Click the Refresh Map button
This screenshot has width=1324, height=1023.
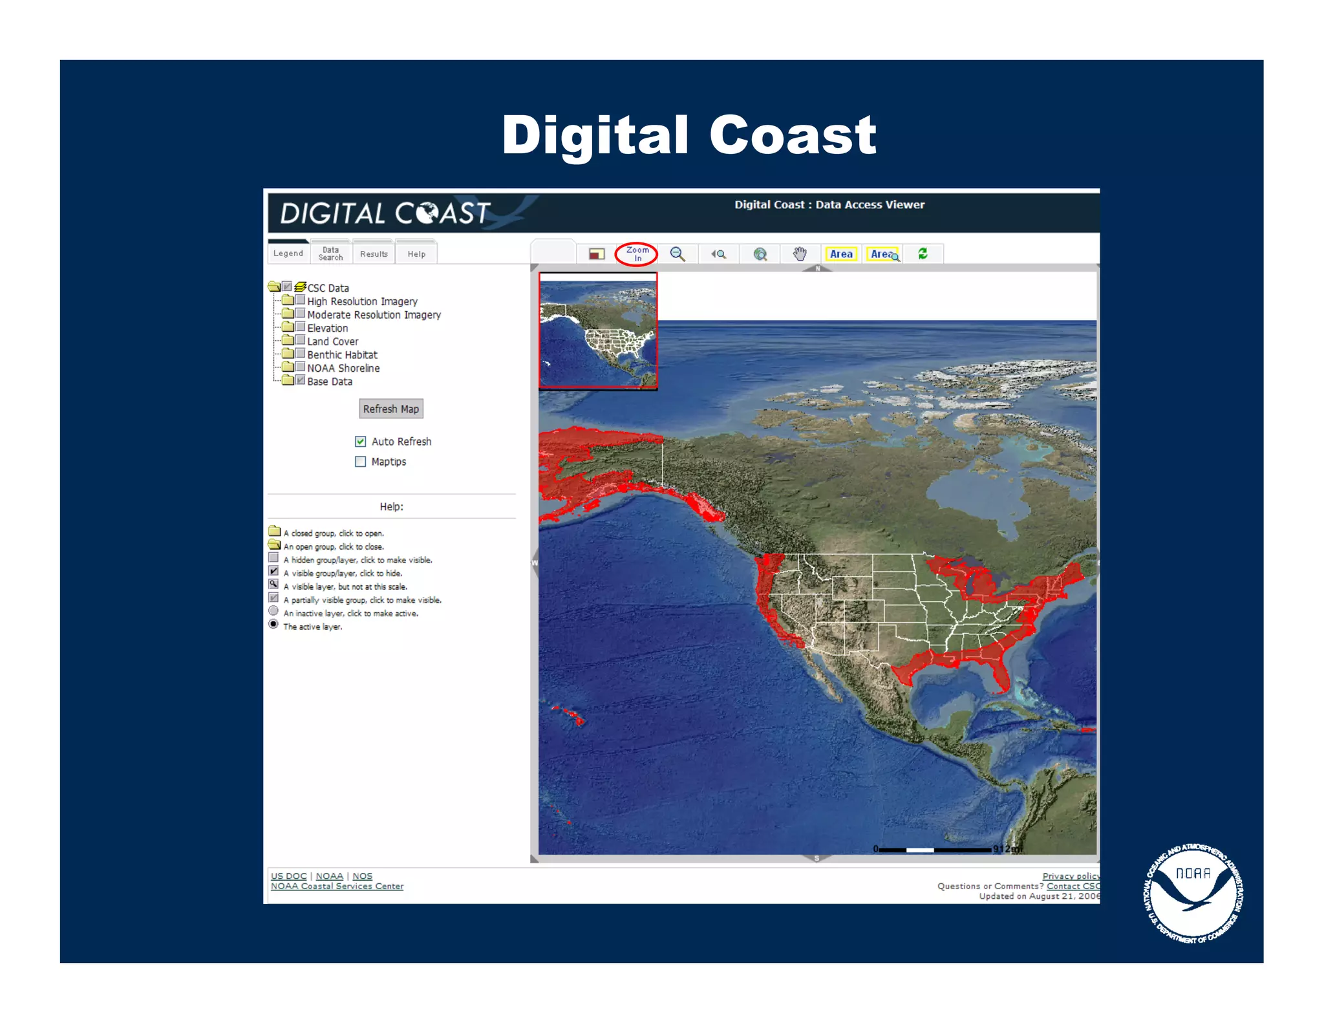pyautogui.click(x=390, y=409)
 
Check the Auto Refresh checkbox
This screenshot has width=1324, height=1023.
pyautogui.click(x=361, y=442)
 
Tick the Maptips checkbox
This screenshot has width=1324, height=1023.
pyautogui.click(x=361, y=462)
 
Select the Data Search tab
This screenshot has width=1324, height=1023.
pyautogui.click(x=330, y=253)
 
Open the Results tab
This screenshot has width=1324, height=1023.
pyautogui.click(x=374, y=254)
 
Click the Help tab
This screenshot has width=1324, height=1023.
pyautogui.click(x=416, y=254)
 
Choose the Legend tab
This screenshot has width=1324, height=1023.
pyautogui.click(x=288, y=253)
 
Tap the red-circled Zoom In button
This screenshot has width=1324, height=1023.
pyautogui.click(x=637, y=254)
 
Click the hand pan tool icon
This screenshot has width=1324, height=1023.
pyautogui.click(x=800, y=253)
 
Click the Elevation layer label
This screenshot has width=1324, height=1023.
pyautogui.click(x=327, y=328)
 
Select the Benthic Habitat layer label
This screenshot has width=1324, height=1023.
pyautogui.click(x=342, y=355)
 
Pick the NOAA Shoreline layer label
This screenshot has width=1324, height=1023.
pyautogui.click(x=343, y=369)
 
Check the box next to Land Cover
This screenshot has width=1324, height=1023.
pyautogui.click(x=301, y=340)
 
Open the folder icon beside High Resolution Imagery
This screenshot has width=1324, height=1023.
pyautogui.click(x=288, y=301)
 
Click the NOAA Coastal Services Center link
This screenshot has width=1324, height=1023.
pyautogui.click(x=337, y=887)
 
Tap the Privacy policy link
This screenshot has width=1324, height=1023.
pyautogui.click(x=1070, y=876)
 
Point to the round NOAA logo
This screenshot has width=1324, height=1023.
pyautogui.click(x=1193, y=893)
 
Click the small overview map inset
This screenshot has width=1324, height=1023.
pyautogui.click(x=598, y=330)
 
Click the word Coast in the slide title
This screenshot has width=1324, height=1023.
pyautogui.click(x=792, y=135)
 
